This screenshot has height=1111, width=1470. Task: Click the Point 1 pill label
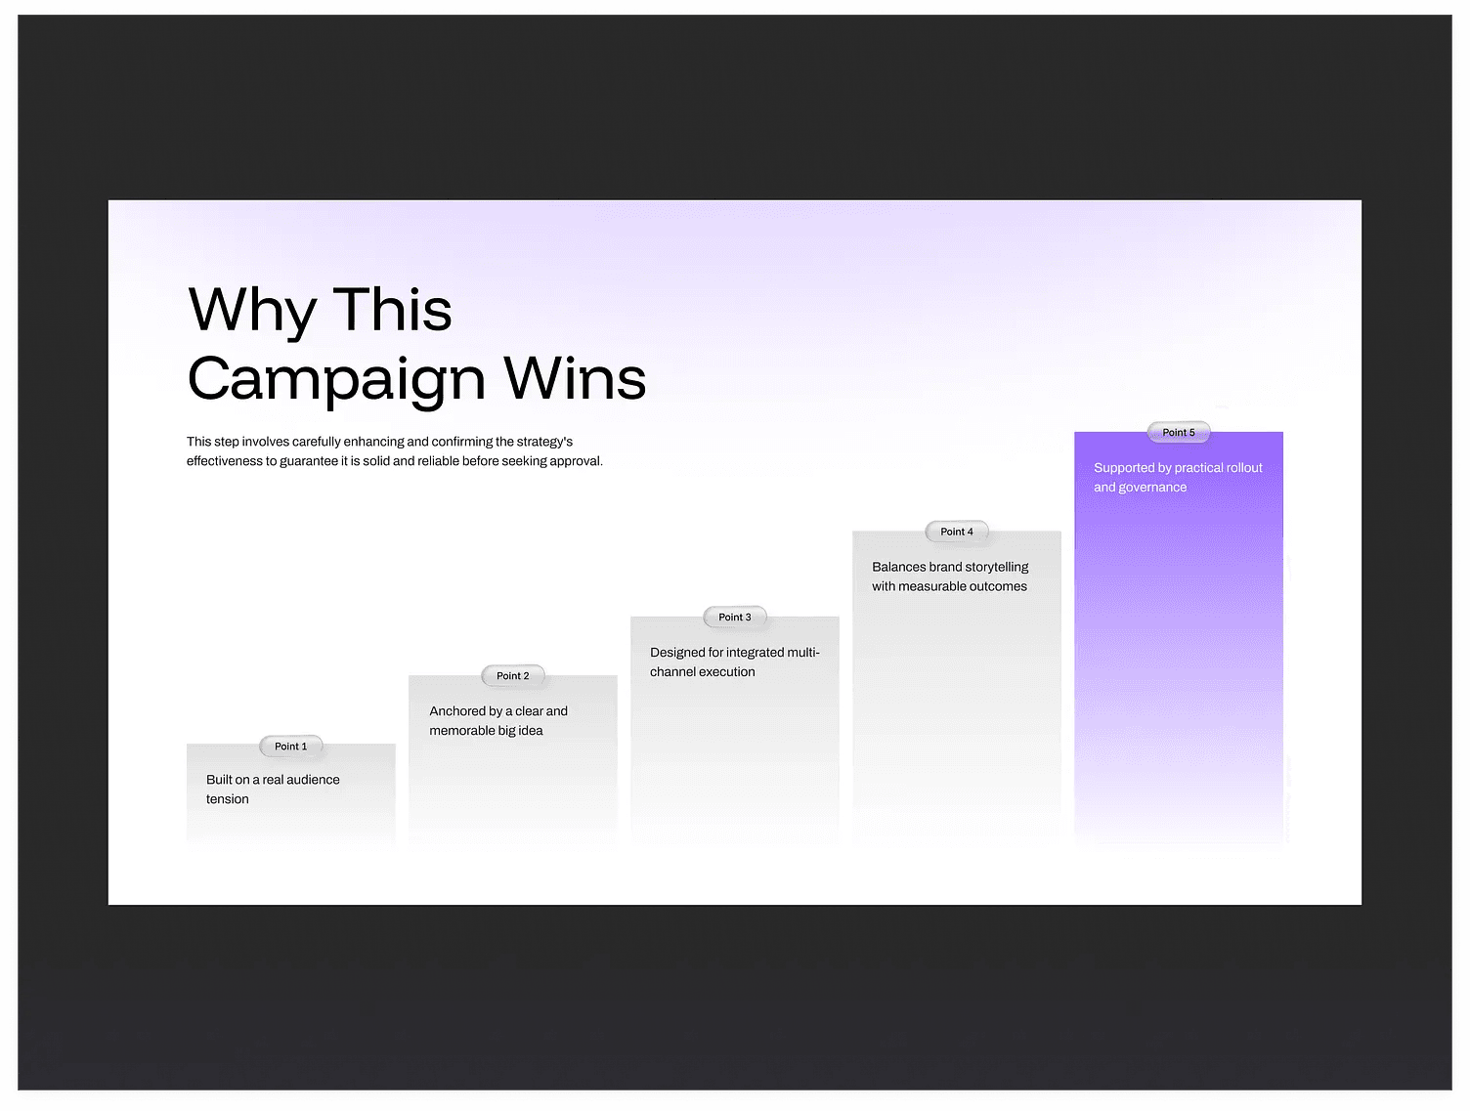[x=290, y=747]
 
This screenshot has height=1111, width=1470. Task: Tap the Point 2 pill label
[x=512, y=676]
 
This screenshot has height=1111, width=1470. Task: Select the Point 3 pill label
[x=735, y=618]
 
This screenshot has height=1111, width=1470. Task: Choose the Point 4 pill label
[x=956, y=532]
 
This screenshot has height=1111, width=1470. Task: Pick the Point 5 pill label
[x=1178, y=432]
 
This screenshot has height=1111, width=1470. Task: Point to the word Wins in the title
[x=576, y=378]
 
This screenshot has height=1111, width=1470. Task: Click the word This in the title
[x=393, y=309]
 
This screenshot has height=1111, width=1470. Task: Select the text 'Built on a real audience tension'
[x=273, y=790]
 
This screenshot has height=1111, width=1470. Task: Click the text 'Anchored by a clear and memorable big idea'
[x=498, y=721]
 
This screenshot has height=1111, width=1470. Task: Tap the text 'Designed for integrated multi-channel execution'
[x=735, y=662]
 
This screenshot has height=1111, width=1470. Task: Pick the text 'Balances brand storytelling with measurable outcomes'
[x=950, y=577]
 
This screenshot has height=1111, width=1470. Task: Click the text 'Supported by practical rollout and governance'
[x=1178, y=477]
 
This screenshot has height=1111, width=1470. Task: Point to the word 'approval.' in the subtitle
[x=576, y=462]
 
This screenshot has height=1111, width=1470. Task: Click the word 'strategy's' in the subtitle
[x=544, y=443]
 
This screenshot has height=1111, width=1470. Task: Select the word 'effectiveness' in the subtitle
[x=224, y=461]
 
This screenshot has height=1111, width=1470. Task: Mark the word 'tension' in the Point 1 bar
[x=227, y=799]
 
